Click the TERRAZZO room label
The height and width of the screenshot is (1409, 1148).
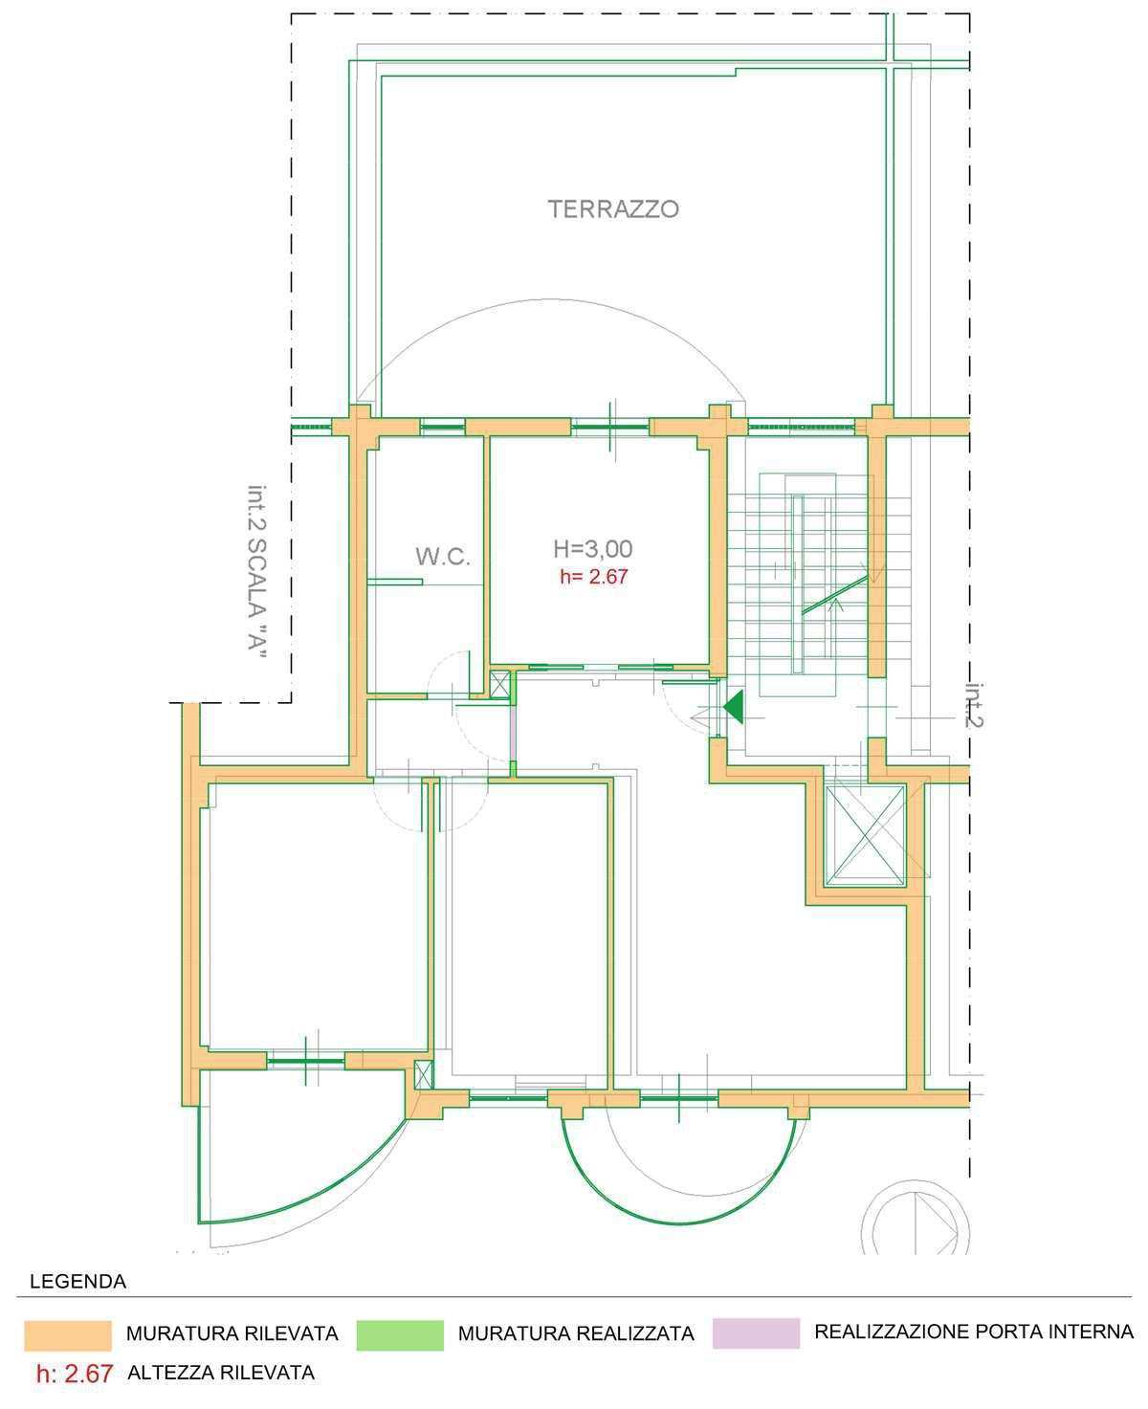pos(613,209)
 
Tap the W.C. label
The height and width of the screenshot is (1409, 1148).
pos(443,557)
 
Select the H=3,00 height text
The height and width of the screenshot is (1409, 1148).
pos(593,548)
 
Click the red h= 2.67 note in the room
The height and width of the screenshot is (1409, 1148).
pos(593,577)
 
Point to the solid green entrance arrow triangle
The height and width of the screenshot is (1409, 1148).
pos(735,707)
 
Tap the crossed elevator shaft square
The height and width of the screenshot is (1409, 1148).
pos(864,835)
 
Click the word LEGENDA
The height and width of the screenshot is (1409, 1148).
pos(78,1282)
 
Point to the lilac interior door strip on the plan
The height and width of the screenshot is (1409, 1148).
pos(512,734)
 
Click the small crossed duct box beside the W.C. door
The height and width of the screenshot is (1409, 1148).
pos(500,685)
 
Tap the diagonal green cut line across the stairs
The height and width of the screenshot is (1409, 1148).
pos(835,594)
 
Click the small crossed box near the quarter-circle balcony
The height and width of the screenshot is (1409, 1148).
pos(424,1075)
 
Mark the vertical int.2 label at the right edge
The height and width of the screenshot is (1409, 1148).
pos(974,705)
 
